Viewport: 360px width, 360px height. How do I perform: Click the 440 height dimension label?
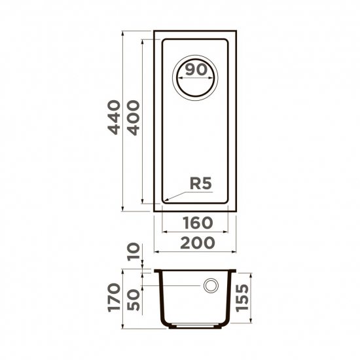pyautogui.click(x=114, y=118)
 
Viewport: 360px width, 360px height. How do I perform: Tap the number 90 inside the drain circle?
pyautogui.click(x=194, y=70)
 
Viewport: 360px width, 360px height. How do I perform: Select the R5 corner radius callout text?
pyautogui.click(x=200, y=185)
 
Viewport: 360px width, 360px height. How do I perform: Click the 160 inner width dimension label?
pyautogui.click(x=194, y=222)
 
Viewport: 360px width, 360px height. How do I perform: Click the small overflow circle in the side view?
pyautogui.click(x=211, y=286)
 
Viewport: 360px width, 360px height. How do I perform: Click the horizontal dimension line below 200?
pyautogui.click(x=194, y=252)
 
